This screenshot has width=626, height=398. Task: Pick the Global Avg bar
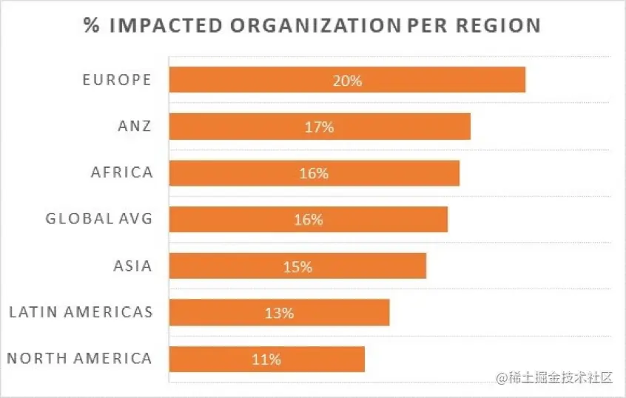385,220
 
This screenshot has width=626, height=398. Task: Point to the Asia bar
370,266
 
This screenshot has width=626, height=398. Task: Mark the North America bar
326,360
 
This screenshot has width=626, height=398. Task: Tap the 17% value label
319,127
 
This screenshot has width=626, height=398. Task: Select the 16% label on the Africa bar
314,174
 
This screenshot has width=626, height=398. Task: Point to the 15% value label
297,266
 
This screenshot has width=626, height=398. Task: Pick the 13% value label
279,313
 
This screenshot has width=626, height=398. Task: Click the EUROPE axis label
117,80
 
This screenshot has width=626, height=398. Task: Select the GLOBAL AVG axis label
98,219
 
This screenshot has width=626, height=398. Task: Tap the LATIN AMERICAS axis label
81,311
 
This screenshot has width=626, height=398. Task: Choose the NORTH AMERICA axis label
79,359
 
